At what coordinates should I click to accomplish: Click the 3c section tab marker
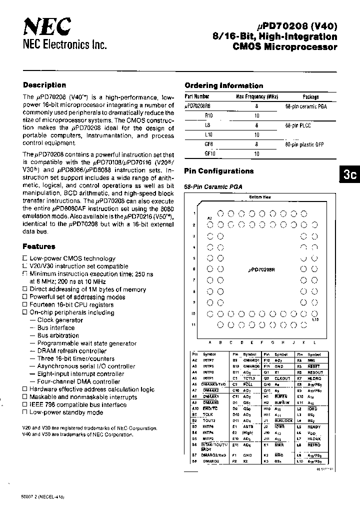tap(349, 174)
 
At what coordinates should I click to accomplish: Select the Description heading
tap(44, 85)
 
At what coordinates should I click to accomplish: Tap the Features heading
tap(38, 246)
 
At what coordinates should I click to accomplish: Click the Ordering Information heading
tap(223, 85)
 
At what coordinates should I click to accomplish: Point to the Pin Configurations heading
tap(219, 171)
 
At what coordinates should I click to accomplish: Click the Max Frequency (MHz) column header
tap(256, 97)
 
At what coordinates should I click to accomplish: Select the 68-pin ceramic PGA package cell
tap(306, 106)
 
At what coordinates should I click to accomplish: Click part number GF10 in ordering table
tap(209, 153)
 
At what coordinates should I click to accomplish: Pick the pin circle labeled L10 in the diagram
tap(314, 314)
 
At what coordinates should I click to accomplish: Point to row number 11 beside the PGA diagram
tap(193, 325)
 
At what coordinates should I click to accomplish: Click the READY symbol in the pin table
tap(314, 426)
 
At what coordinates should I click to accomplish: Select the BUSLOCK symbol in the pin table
tap(284, 420)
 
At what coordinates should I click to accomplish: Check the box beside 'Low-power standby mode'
tap(24, 412)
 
